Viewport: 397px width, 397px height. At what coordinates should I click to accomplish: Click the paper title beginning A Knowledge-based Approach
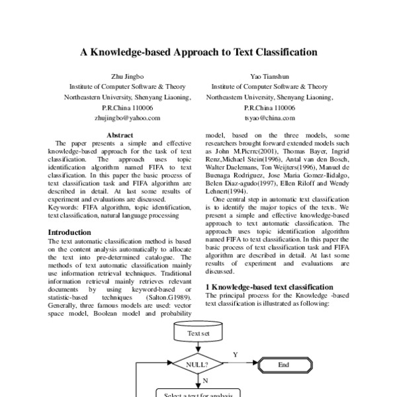[x=198, y=51]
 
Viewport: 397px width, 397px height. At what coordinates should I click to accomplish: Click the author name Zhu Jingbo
[x=126, y=77]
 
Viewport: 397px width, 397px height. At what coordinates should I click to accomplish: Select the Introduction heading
[x=69, y=232]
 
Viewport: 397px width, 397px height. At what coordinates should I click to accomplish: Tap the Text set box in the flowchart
[x=198, y=333]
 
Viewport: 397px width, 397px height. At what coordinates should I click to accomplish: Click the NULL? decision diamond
[x=198, y=364]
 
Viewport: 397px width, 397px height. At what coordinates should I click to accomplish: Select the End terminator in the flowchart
[x=283, y=364]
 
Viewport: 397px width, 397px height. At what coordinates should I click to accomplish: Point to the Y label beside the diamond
[x=235, y=355]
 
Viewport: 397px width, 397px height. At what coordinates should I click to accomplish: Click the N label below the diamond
[x=205, y=381]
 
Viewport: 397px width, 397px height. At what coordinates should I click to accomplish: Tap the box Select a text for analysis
[x=198, y=394]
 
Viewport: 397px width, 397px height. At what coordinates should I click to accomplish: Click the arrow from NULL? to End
[x=240, y=364]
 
